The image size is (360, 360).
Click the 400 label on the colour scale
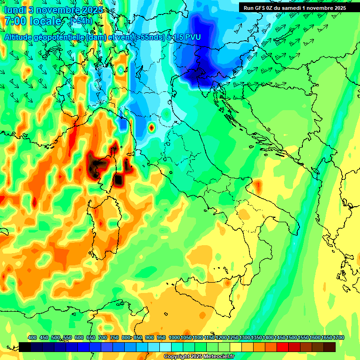(32, 337)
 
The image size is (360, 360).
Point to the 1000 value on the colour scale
(174, 337)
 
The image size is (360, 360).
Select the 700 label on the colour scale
(103, 337)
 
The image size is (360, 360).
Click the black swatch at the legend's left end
(25, 347)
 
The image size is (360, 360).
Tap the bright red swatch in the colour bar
(283, 347)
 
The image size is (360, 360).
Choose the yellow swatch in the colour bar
(236, 347)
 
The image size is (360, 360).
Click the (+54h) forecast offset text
(81, 22)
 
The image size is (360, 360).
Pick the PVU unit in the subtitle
(191, 37)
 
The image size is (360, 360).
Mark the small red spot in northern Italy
(151, 127)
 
